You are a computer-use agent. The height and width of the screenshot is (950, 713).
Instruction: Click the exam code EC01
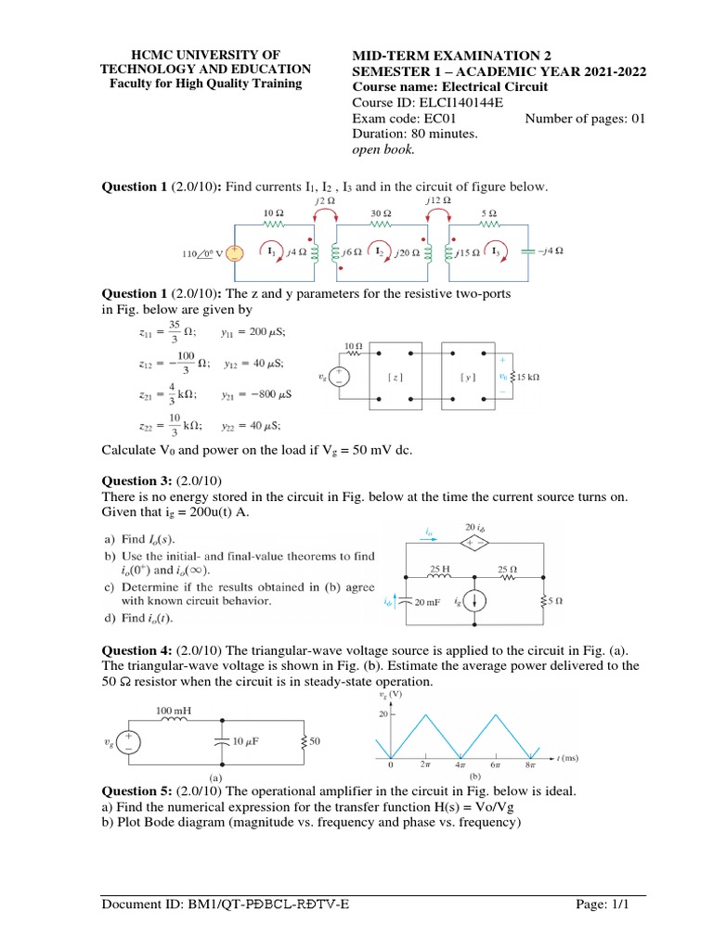(x=451, y=118)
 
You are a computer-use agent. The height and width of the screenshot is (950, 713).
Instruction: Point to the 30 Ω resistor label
(x=382, y=212)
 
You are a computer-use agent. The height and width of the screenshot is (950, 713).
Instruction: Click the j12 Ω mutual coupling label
(x=438, y=199)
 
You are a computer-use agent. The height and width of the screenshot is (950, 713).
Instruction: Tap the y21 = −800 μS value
(x=257, y=394)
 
